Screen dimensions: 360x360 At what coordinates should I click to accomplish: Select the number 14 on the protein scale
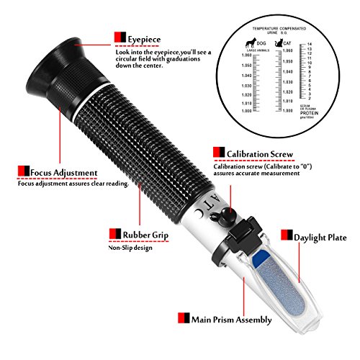point(309,45)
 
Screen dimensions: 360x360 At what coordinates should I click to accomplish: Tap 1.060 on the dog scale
point(247,55)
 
